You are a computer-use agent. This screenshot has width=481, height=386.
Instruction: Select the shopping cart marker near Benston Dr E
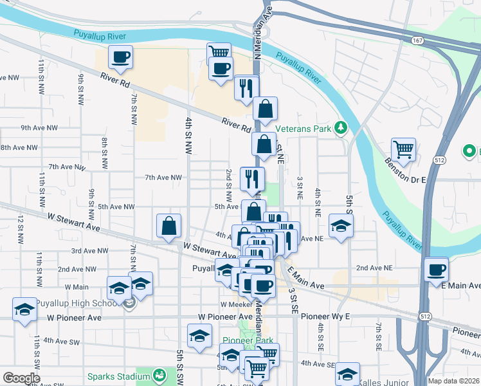(x=403, y=149)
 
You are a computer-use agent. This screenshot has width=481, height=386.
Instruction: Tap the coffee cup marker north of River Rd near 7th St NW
(x=120, y=58)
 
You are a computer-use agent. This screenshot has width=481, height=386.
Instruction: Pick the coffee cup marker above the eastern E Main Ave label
(x=437, y=269)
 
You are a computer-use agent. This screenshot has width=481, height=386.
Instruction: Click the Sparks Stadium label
(x=118, y=375)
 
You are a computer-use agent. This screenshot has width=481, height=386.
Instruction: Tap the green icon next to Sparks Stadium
(x=158, y=375)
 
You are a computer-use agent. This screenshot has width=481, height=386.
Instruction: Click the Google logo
(x=21, y=378)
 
